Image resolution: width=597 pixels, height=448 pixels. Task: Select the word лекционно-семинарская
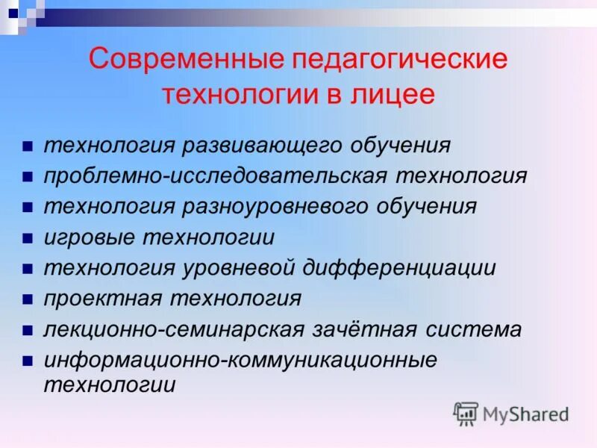point(175,329)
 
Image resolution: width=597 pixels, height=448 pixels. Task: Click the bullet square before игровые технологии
point(27,239)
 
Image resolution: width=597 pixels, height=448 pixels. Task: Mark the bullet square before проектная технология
point(27,299)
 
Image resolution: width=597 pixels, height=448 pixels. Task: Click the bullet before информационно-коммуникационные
point(27,361)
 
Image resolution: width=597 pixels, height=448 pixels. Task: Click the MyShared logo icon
point(466,413)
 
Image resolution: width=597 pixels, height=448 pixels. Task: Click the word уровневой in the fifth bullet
point(238,268)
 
